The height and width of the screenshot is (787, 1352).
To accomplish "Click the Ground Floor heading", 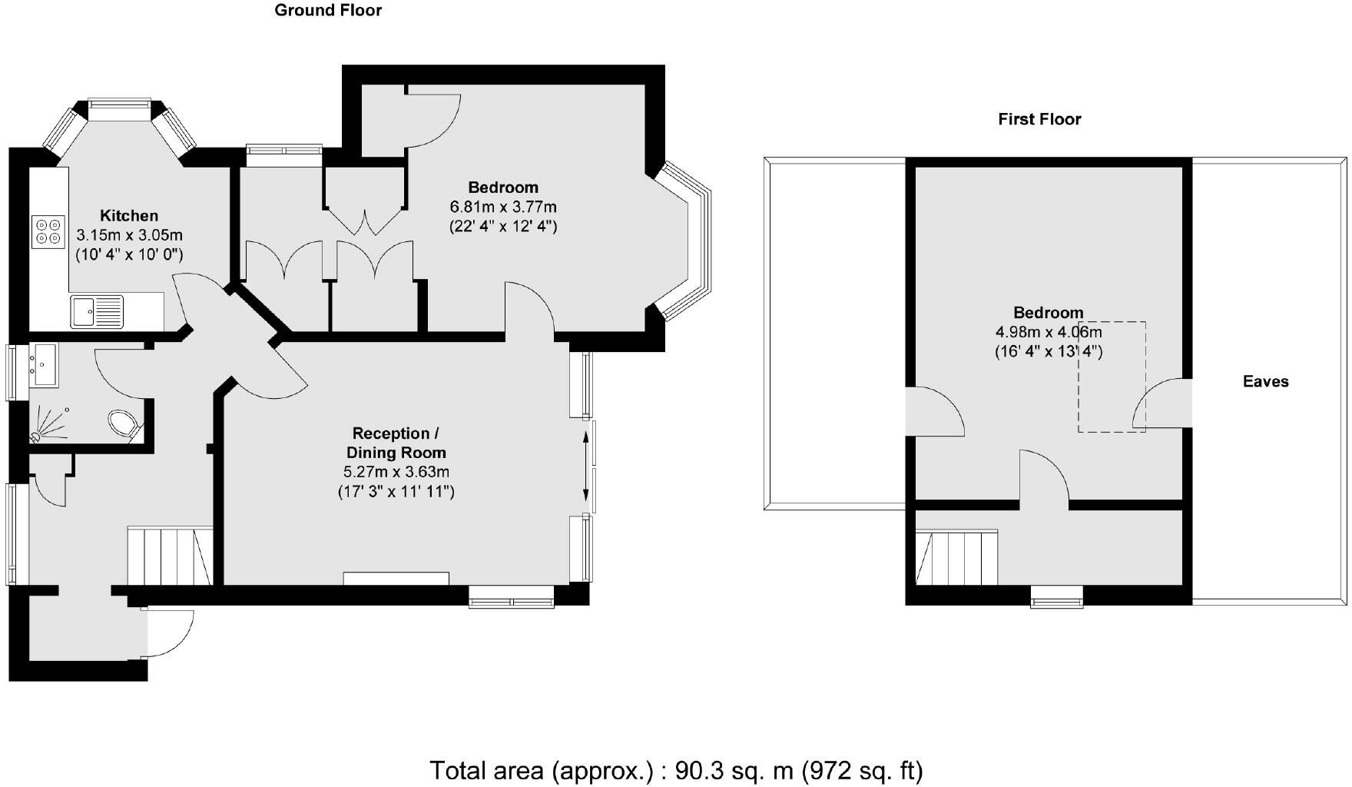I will pos(328,10).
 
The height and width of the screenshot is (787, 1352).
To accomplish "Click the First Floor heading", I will pos(1039,119).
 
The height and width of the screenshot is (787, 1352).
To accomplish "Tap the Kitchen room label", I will pos(129,216).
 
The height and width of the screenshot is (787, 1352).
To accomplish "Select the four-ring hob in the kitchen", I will pos(48,231).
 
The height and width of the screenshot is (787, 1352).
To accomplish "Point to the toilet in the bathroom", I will pos(124,423).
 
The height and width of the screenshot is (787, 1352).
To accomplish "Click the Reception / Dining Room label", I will pos(396,443).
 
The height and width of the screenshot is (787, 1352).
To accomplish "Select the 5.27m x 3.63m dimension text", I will pos(396,471).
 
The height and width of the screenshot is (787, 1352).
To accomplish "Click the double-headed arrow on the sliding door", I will pos(587,466).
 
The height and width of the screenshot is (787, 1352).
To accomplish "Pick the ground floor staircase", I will pos(169,556).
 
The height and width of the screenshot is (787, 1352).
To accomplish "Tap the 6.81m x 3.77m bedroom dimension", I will pos(503,207).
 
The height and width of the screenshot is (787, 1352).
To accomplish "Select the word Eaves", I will pos(1265,381).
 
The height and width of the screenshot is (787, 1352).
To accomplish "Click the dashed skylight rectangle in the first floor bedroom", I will pos(1111,377).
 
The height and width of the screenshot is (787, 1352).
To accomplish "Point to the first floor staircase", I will pos(956,557).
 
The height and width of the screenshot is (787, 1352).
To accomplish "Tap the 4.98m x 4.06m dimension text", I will pos(1049,332).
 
